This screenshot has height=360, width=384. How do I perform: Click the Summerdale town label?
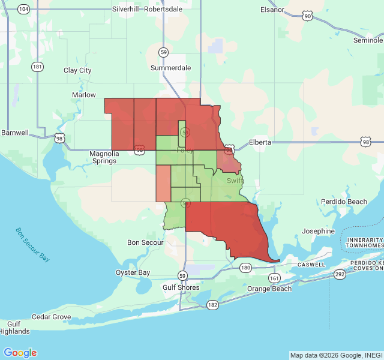point(170,68)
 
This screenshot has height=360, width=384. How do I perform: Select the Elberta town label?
point(260,142)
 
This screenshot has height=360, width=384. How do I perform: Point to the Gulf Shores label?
point(181,287)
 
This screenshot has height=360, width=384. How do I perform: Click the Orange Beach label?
point(269,289)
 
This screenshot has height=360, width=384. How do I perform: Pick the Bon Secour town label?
point(145,242)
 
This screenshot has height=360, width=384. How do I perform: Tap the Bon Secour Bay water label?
point(32,245)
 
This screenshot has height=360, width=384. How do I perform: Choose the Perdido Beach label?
point(344,202)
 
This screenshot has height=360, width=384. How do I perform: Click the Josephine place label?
point(318,231)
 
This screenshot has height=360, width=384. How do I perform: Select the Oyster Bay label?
point(133,272)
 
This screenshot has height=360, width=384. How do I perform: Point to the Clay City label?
point(77,70)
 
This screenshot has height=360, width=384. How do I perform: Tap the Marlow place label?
point(84,95)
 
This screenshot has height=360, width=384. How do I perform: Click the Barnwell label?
point(14,133)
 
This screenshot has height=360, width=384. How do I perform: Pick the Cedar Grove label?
point(51,317)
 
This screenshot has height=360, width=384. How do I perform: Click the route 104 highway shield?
point(24,9)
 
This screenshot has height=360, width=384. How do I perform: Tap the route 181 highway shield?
point(38,67)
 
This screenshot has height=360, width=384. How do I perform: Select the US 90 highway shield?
point(308,16)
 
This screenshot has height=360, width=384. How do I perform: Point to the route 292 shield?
point(340,274)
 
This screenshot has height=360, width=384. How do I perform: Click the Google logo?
point(20,353)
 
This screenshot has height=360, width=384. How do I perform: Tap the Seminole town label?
point(367,40)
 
